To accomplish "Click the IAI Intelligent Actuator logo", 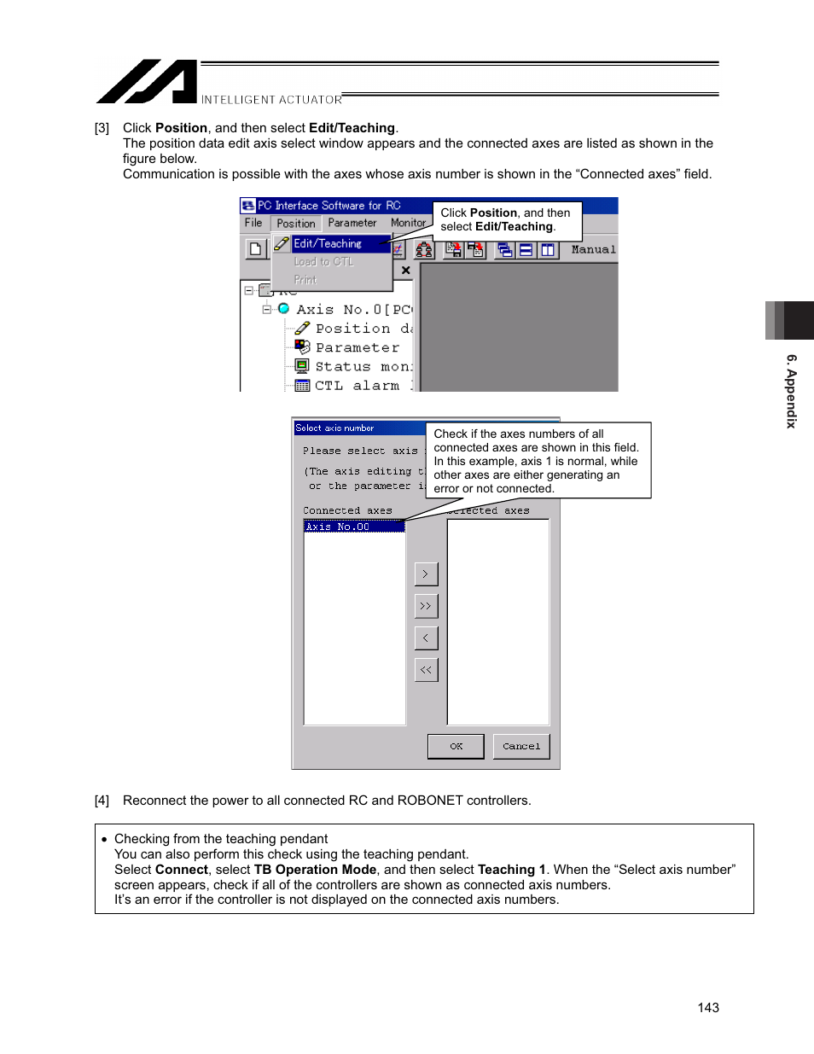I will (x=147, y=82).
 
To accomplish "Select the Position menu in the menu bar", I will (x=295, y=224).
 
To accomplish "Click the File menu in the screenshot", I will (x=253, y=223).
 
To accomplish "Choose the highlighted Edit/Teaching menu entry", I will (x=328, y=244).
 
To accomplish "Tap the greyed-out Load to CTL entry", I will (x=323, y=262).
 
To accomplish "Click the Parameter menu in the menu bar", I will (x=352, y=223).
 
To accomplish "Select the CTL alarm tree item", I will (x=356, y=386).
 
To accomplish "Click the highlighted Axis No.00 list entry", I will (x=354, y=527).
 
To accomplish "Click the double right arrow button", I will (x=426, y=606).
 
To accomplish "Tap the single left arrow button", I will (x=426, y=638).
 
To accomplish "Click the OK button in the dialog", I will (x=456, y=746).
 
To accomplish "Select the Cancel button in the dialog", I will (x=521, y=746).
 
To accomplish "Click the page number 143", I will (x=707, y=1008).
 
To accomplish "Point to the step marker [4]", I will (x=102, y=801).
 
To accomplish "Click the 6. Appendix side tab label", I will (x=791, y=392).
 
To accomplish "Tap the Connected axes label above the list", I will (x=347, y=510).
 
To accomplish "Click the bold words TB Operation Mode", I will (x=315, y=870).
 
